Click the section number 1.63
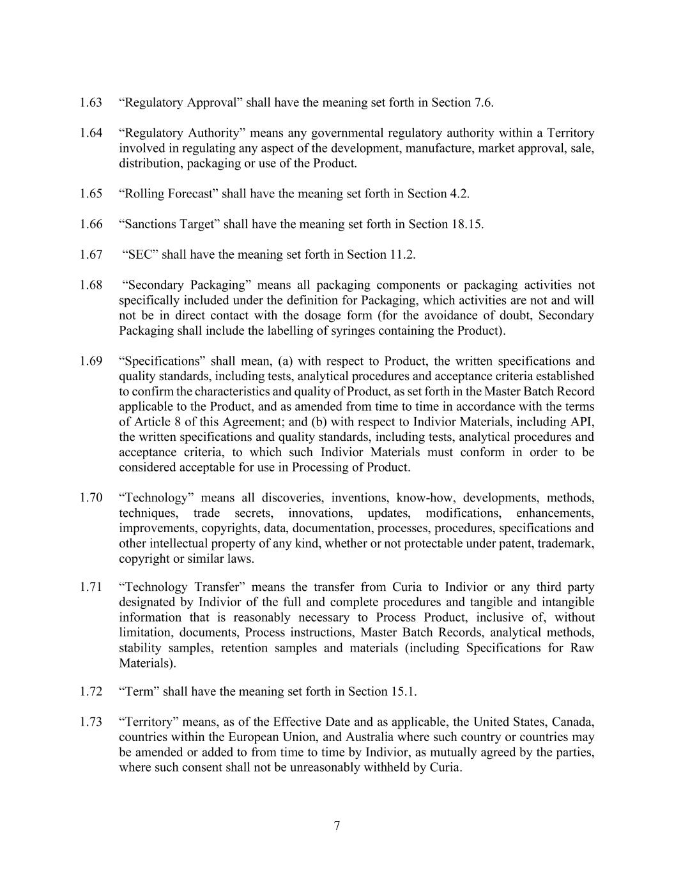pos(91,103)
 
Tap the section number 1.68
pos(91,286)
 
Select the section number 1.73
pos(91,723)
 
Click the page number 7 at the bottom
pos(337,826)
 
